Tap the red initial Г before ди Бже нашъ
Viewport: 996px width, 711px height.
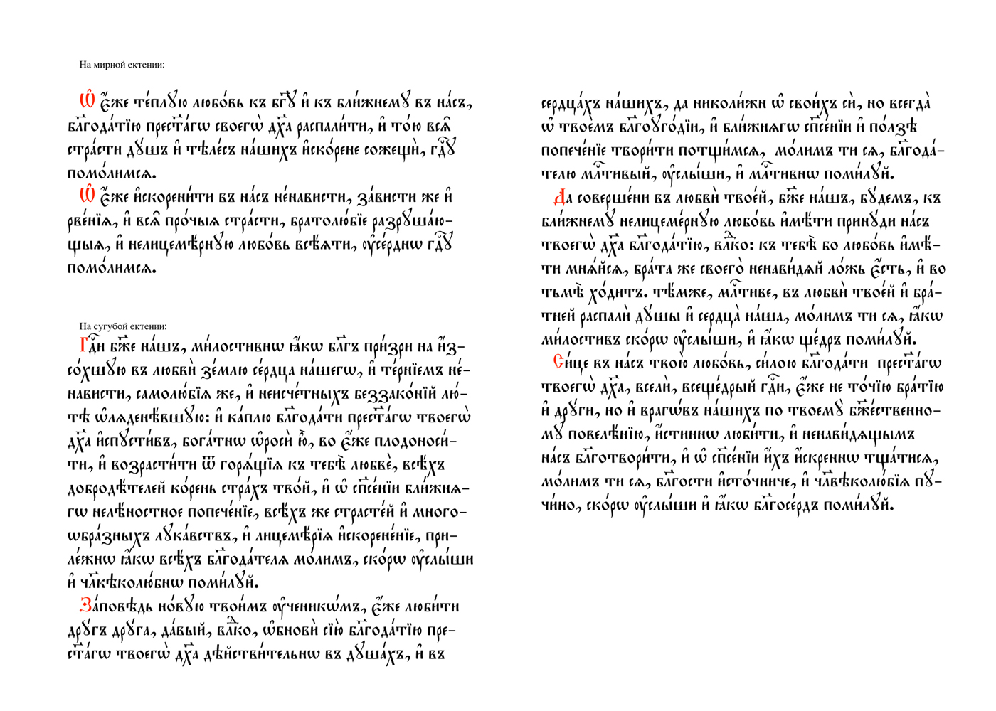coord(83,346)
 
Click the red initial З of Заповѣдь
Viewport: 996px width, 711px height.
coord(85,606)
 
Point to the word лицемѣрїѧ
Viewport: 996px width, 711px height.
coord(292,536)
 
